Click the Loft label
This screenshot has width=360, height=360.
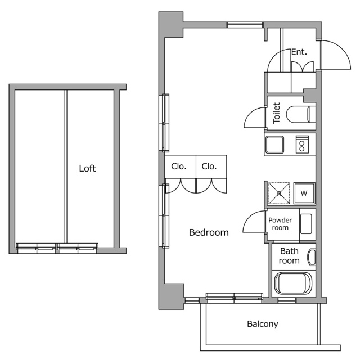click(87, 168)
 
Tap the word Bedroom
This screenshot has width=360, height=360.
click(209, 232)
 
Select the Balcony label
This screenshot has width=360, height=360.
click(263, 324)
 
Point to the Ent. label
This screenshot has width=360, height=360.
click(299, 52)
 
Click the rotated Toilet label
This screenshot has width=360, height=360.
click(276, 114)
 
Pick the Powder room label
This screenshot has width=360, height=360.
click(280, 224)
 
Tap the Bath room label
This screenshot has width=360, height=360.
click(289, 256)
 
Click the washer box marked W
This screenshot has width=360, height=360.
click(305, 193)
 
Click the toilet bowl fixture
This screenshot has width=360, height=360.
click(299, 115)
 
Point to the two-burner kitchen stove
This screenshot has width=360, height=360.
click(303, 145)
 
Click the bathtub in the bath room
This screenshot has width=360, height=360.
click(292, 283)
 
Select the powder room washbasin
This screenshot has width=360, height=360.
click(307, 223)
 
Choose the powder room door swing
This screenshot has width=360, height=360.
click(254, 223)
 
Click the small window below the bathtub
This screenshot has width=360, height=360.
click(287, 300)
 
